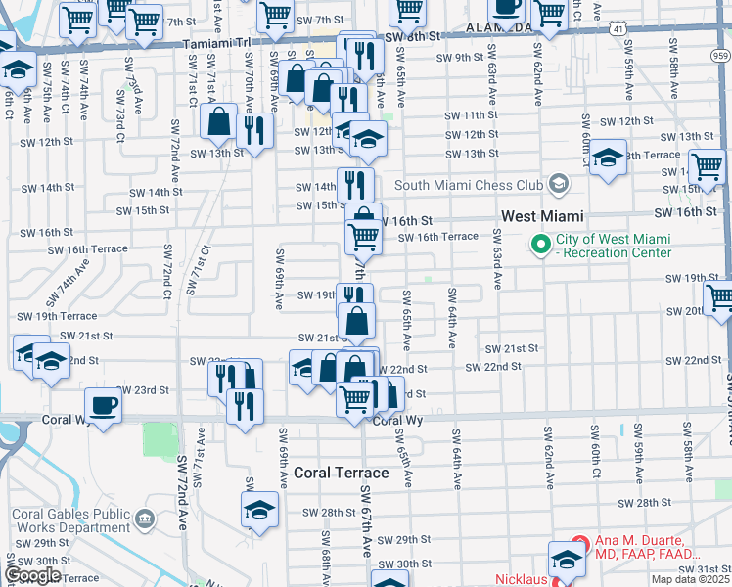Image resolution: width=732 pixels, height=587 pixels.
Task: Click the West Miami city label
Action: coord(542,215)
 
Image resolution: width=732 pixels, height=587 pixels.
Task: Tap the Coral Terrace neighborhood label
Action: coord(341,473)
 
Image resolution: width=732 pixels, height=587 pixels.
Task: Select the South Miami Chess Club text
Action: coord(468,185)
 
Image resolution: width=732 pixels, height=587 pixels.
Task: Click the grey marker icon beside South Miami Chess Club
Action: coord(558,183)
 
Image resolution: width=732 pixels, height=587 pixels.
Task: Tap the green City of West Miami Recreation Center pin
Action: coord(539,244)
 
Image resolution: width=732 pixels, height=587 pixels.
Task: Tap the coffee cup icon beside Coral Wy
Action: coord(102,405)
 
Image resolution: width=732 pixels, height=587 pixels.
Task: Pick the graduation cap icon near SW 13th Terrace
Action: coord(608,158)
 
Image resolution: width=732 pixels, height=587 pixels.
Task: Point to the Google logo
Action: coord(32,575)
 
